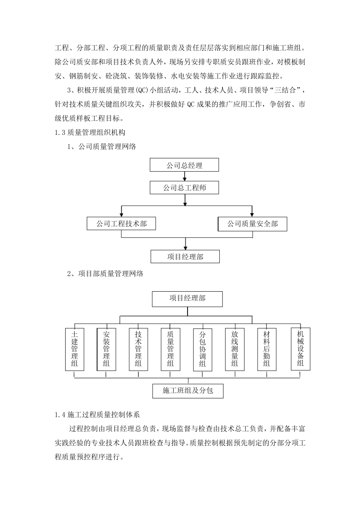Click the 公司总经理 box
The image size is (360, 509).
tap(185, 166)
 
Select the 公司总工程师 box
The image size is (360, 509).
tap(185, 188)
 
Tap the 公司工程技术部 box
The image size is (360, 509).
tap(121, 224)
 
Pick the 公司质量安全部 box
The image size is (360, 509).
tap(252, 224)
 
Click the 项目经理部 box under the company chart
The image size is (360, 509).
tap(185, 257)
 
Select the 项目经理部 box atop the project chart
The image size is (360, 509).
tap(187, 299)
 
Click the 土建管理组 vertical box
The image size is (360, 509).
tap(74, 349)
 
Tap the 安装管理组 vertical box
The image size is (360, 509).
tap(106, 349)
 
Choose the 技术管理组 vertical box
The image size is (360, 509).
tap(138, 349)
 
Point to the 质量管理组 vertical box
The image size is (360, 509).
tap(171, 349)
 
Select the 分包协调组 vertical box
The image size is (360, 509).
tap(202, 349)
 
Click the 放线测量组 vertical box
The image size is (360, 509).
tap(235, 349)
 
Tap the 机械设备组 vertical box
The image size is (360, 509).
tap(301, 349)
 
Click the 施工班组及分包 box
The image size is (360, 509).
tap(188, 391)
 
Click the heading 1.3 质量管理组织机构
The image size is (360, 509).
tap(90, 133)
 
